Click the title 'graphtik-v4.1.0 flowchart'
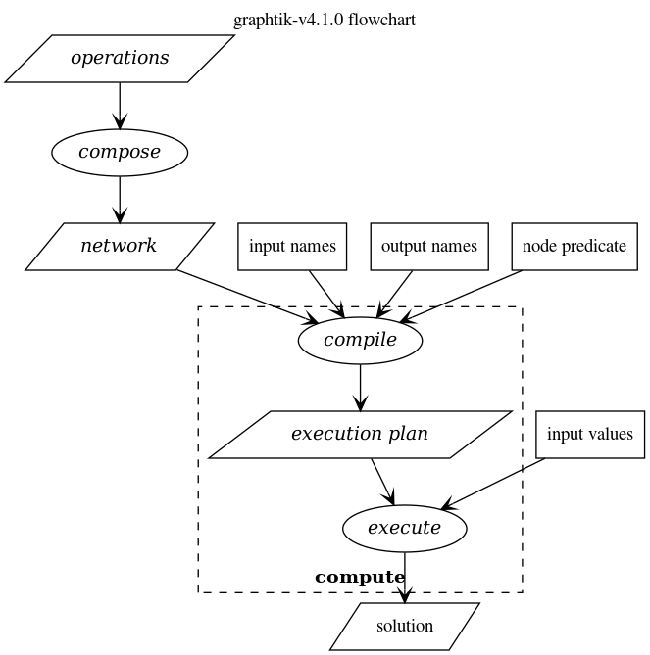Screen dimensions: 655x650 pos(325,20)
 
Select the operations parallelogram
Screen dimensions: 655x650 pos(120,58)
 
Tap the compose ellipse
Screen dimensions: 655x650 pos(120,152)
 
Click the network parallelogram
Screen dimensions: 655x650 pos(120,246)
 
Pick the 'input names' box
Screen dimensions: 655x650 pos(292,246)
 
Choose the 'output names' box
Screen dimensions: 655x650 pos(428,246)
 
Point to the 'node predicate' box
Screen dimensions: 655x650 pos(574,246)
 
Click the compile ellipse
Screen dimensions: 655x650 pos(360,341)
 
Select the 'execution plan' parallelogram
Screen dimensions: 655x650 pos(360,434)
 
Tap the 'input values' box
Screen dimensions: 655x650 pos(589,434)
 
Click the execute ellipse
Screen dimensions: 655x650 pos(404,529)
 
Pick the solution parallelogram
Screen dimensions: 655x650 pos(404,626)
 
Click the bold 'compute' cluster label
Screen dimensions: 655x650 pos(360,578)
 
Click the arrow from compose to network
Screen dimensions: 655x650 pos(120,199)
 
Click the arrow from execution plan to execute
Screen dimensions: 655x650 pos(382,481)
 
